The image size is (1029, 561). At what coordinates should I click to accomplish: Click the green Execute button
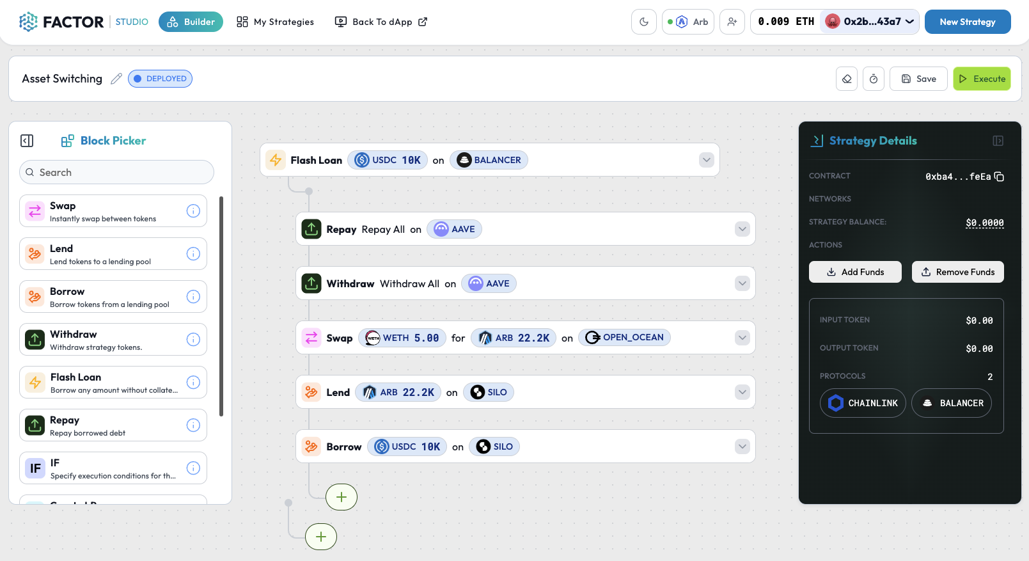982,79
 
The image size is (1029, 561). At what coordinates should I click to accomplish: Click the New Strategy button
967,22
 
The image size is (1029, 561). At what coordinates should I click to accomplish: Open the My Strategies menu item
276,22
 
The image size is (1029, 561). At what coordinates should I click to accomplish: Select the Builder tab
191,22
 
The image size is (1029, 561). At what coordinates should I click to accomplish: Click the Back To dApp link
381,22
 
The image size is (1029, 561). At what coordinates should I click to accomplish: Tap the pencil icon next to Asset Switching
116,79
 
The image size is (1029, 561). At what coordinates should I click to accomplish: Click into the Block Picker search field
116,172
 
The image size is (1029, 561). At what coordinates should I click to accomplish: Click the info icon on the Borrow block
193,297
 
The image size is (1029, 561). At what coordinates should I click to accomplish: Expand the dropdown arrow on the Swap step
742,338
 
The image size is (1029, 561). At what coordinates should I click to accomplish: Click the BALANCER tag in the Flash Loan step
489,160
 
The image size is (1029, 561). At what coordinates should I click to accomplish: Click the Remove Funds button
957,272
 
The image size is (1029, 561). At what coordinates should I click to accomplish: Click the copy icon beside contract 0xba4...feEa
999,177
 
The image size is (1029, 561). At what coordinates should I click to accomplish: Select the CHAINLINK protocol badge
863,403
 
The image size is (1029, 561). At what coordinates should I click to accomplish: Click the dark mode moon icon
644,22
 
